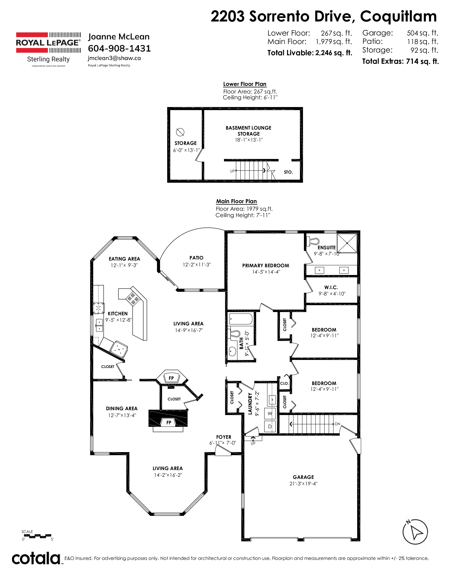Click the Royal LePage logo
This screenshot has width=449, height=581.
(x=48, y=49)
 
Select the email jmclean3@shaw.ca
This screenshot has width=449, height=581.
(x=114, y=58)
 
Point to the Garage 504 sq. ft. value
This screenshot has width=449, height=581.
(x=422, y=33)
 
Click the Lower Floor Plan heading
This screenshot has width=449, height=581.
(x=245, y=84)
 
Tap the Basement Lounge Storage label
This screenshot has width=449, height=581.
(x=248, y=131)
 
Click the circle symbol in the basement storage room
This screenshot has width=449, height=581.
(x=180, y=132)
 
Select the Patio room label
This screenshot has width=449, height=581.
(x=196, y=258)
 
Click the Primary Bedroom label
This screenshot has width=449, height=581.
(x=266, y=265)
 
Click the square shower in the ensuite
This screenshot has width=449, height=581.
(x=347, y=243)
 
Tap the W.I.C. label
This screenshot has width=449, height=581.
(x=331, y=287)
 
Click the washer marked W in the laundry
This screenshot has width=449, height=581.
(x=270, y=413)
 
